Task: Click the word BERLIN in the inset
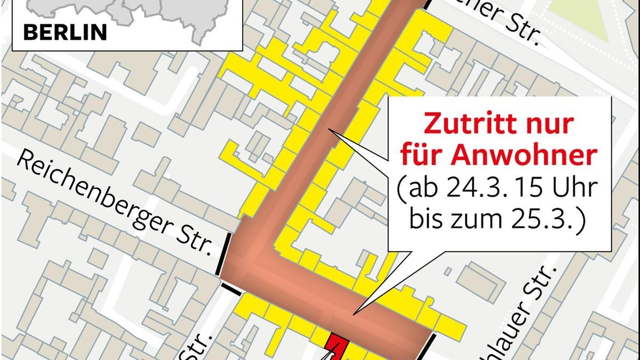click(65, 33)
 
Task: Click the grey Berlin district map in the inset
click(128, 13)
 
